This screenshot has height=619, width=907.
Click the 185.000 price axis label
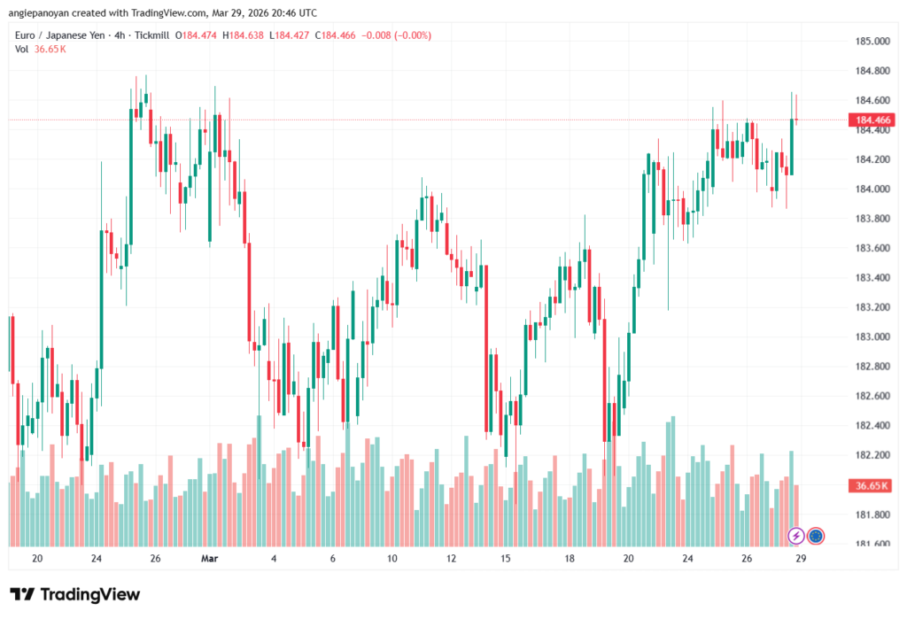click(x=872, y=41)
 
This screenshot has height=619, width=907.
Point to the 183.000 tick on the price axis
click(x=872, y=337)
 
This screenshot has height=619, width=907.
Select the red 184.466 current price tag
click(x=872, y=120)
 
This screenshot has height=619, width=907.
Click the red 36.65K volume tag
click(x=872, y=486)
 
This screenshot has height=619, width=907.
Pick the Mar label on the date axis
click(x=209, y=559)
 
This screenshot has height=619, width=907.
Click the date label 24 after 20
click(x=96, y=559)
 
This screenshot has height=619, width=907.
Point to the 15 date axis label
click(x=506, y=559)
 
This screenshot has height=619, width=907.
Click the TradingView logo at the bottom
click(x=74, y=594)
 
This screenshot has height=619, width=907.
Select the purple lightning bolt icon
click(x=796, y=536)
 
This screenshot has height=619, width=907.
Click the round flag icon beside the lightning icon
click(x=816, y=536)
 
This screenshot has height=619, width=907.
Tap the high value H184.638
click(x=249, y=35)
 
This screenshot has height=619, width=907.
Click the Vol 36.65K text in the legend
click(x=40, y=49)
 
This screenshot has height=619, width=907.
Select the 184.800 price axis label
click(x=872, y=71)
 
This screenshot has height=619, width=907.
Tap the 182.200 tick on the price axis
click(x=872, y=455)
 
